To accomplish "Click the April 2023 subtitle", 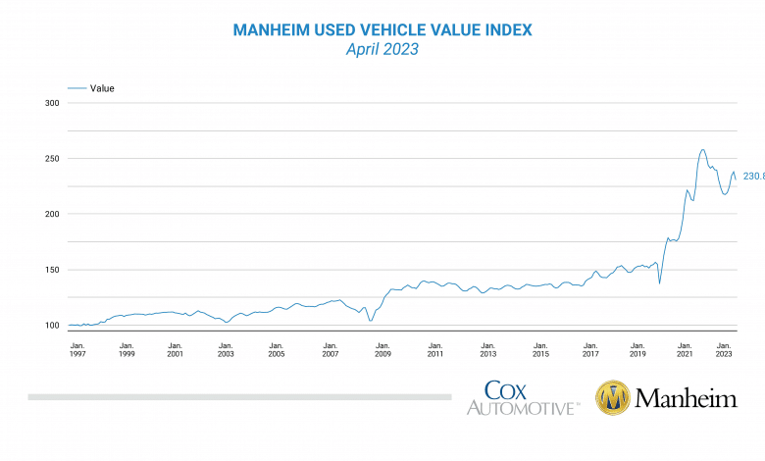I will pos(382,49).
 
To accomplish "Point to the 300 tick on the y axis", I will pos(52,103).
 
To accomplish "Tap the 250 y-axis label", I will pos(52,159).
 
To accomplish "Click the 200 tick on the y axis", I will pos(52,214).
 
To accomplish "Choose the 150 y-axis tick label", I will pos(52,270).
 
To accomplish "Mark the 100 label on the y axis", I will pos(52,326).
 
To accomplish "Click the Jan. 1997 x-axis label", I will pos(77,350).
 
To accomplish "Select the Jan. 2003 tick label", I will pos(227,350).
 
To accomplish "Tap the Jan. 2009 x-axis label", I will pos(382,350).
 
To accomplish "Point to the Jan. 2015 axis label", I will pos(539,350).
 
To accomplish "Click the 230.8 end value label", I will pos(752,177).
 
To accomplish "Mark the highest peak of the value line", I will pos(702,150).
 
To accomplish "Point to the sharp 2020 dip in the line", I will pos(659,283).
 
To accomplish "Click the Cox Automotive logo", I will pos(521,397).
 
